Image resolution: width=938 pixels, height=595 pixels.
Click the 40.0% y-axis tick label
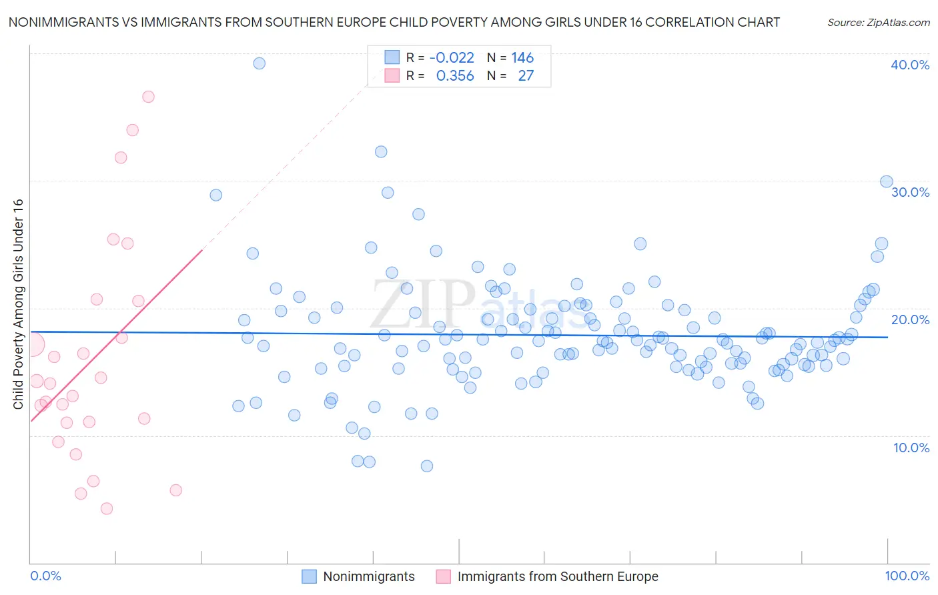coord(910,65)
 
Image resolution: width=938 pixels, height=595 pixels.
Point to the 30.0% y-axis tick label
coord(910,192)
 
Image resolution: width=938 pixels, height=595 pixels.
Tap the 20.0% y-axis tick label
coord(910,320)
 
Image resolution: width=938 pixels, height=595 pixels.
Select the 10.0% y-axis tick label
coord(911,448)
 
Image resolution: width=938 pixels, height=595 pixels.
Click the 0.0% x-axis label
coord(45,576)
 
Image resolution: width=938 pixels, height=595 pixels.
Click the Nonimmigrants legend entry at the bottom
coord(368,576)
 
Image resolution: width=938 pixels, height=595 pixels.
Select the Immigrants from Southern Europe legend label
coord(557,576)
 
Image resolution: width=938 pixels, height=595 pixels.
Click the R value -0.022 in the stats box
coord(452,58)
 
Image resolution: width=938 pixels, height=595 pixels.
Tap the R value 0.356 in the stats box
coord(455,76)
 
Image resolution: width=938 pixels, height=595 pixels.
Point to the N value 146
coord(522,58)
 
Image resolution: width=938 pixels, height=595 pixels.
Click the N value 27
coord(526,76)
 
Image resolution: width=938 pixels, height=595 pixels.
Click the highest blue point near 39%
coord(260,63)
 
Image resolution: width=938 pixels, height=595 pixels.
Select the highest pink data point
coord(148,97)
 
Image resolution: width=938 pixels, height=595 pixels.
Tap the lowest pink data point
coord(107,508)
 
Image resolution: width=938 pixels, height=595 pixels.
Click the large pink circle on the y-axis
coord(33,345)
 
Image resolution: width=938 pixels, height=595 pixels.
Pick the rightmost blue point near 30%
coord(887,181)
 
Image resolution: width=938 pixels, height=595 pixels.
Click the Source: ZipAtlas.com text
coord(878,23)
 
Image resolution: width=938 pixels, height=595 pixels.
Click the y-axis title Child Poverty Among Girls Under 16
coord(19,304)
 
